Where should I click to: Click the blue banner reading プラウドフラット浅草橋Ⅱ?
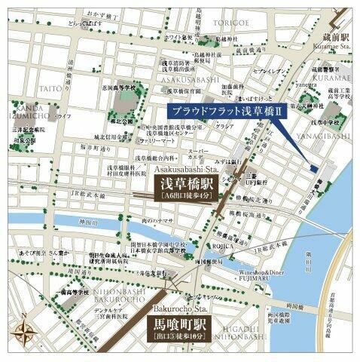tap(226, 110)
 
